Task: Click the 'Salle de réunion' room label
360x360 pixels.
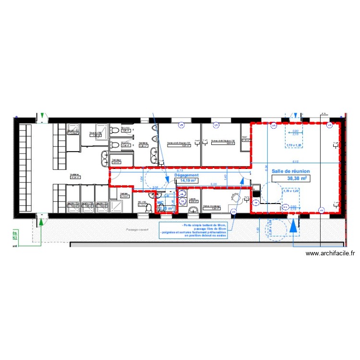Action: click(x=290, y=171)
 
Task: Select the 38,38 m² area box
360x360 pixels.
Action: click(x=290, y=178)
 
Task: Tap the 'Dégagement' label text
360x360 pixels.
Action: click(x=186, y=176)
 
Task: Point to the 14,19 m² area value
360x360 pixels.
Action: click(x=186, y=181)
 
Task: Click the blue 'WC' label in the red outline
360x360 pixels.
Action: click(x=160, y=203)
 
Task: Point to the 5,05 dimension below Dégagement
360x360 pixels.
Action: click(x=214, y=184)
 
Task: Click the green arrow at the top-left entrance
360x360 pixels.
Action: click(x=42, y=116)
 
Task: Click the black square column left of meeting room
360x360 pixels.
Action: click(x=255, y=194)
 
